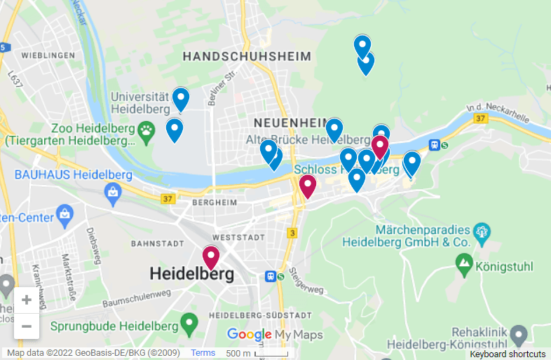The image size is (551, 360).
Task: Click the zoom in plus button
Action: pyautogui.click(x=26, y=300)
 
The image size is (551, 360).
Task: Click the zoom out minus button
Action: pyautogui.click(x=26, y=326)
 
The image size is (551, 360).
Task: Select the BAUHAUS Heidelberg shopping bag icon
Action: pyautogui.click(x=112, y=191)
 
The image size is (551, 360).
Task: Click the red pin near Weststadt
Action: pyautogui.click(x=211, y=257)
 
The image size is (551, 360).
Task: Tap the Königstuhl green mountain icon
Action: pyautogui.click(x=463, y=264)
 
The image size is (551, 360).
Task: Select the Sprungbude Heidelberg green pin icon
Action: pyautogui.click(x=188, y=324)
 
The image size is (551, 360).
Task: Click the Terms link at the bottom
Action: pyautogui.click(x=203, y=353)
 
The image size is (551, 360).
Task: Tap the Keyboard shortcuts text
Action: pyautogui.click(x=508, y=354)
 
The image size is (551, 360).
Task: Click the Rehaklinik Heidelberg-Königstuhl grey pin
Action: pyautogui.click(x=519, y=333)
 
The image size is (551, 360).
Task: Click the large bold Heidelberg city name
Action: pyautogui.click(x=191, y=274)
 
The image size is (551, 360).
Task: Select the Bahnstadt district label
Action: pyautogui.click(x=154, y=244)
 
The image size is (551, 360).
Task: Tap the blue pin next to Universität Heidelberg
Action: pyautogui.click(x=181, y=99)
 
